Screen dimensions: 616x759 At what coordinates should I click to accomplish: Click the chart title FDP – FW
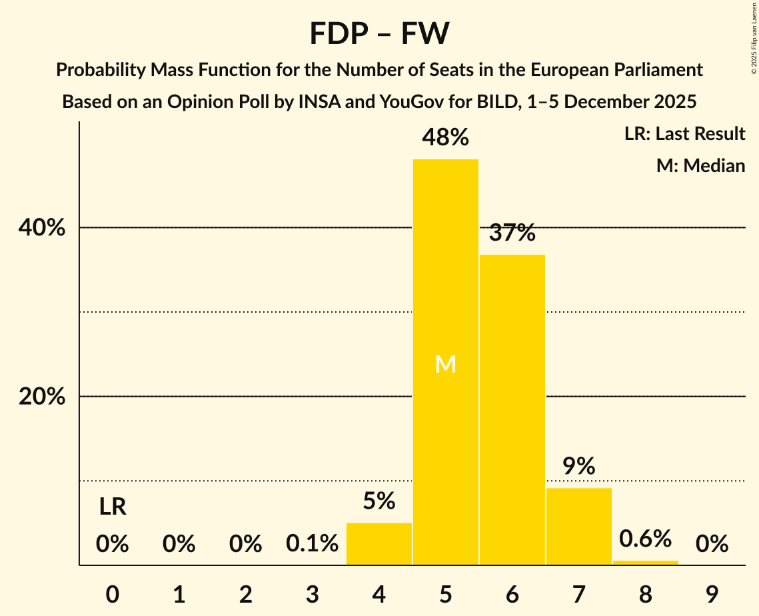[x=379, y=34]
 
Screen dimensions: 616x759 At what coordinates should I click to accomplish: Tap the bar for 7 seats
[x=578, y=526]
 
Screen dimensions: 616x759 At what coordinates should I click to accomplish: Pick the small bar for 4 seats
[x=379, y=543]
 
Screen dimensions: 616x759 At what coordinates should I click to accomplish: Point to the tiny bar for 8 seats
[x=645, y=563]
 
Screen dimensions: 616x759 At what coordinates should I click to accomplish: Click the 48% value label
[x=445, y=138]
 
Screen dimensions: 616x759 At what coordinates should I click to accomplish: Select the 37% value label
[x=512, y=233]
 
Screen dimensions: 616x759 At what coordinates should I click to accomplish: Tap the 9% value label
[x=578, y=467]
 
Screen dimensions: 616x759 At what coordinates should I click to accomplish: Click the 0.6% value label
[x=645, y=539]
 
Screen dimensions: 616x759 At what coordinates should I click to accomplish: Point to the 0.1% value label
[x=312, y=544]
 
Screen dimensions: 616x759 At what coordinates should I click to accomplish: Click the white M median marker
[x=445, y=364]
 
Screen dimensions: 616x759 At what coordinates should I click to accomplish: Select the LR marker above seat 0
[x=113, y=507]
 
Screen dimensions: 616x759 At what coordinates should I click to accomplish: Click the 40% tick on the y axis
[x=42, y=228]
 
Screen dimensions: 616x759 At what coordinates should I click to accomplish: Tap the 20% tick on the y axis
[x=42, y=397]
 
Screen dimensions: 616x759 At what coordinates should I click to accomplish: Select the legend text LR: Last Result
[x=684, y=134]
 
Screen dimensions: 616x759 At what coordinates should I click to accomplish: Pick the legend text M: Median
[x=700, y=165]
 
